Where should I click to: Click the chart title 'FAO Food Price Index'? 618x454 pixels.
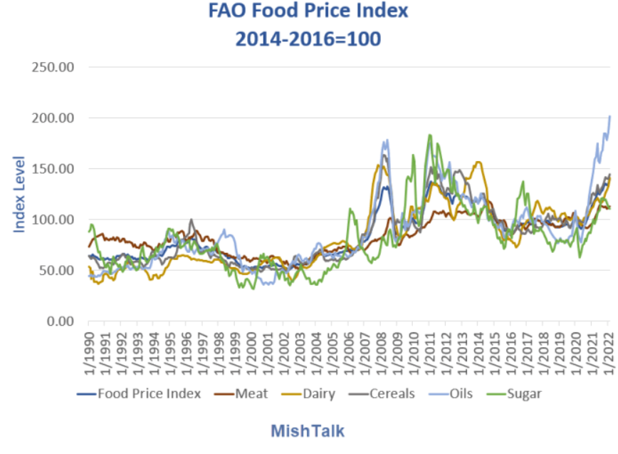[x=308, y=12]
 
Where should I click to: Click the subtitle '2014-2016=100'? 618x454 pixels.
[x=308, y=38]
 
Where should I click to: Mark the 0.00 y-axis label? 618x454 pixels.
[x=59, y=321]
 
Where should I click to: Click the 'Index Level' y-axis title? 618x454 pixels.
[x=20, y=184]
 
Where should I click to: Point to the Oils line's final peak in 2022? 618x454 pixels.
[x=609, y=116]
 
